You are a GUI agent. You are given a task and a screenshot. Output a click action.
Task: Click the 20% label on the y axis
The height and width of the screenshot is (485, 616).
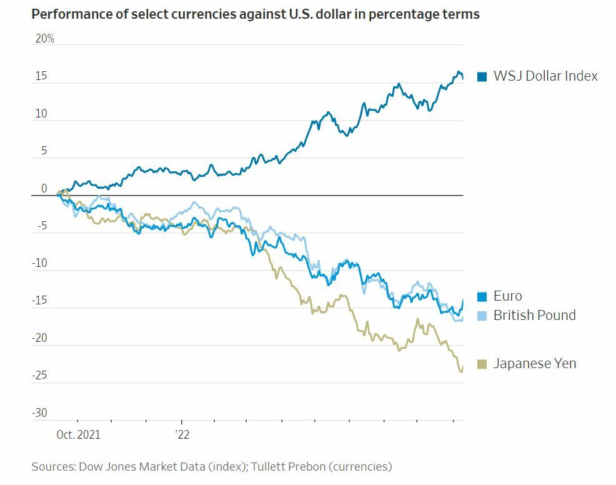coord(44,39)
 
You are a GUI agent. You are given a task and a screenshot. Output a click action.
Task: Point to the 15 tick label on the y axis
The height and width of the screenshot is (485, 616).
coord(41,76)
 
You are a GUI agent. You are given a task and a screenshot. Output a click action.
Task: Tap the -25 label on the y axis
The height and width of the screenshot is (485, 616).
coord(39,376)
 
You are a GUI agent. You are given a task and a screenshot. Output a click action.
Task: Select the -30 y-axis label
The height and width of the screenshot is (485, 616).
coord(39,412)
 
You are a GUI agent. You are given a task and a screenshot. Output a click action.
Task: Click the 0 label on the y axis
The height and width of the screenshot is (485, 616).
coord(44,189)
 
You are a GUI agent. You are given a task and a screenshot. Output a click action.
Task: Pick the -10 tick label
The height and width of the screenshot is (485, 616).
coord(39,263)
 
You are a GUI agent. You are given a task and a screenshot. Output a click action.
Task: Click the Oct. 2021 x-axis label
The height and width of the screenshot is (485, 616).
coord(78,434)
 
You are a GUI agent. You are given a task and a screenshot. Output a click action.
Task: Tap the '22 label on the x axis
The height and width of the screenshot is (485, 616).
coord(182,434)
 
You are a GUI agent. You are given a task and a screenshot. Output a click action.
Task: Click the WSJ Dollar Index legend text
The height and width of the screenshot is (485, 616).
coord(545,76)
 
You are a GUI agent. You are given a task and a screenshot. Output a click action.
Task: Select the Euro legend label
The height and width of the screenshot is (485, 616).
coord(507,296)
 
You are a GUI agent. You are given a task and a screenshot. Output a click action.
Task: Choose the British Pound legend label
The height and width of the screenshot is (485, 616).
coord(534,315)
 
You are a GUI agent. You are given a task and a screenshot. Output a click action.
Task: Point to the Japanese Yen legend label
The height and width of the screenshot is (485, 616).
coord(534,363)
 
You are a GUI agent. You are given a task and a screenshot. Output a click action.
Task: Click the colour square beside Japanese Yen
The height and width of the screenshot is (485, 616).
coord(482,364)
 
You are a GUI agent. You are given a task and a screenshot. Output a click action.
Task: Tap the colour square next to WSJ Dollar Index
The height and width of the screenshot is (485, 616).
coord(482,77)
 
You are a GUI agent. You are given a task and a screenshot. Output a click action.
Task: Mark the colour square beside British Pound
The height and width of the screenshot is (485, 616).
coord(482,316)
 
